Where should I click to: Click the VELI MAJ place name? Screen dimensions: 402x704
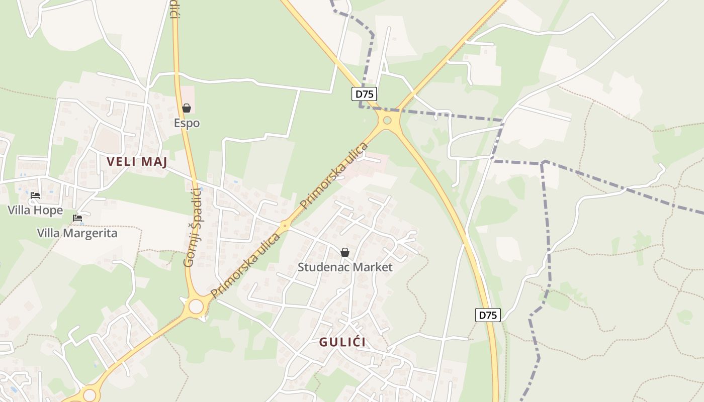click(x=137, y=162)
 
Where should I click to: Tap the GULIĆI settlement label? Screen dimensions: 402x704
click(x=342, y=342)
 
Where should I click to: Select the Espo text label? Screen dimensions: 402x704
click(x=187, y=123)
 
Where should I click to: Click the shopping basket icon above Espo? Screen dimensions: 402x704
click(x=187, y=108)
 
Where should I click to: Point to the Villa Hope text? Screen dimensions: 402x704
click(x=35, y=210)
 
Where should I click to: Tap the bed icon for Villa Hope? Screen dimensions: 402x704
click(x=35, y=195)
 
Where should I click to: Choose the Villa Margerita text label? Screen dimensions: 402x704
click(x=77, y=233)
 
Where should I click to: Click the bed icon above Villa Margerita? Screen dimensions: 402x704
click(x=77, y=219)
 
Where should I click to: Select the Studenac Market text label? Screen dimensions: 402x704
click(x=345, y=267)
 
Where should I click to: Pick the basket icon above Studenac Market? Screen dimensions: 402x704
click(x=345, y=252)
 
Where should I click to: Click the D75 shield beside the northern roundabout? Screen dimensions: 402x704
click(x=364, y=94)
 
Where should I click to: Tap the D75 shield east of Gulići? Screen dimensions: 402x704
click(x=488, y=315)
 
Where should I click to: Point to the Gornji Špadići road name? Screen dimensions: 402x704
click(x=192, y=228)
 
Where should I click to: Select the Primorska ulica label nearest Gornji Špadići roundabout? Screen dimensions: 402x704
click(x=245, y=265)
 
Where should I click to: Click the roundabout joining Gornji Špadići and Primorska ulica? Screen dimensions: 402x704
click(x=196, y=306)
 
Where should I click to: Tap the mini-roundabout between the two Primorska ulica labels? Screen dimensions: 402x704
click(x=285, y=227)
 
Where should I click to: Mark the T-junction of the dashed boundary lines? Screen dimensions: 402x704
click(x=543, y=163)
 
